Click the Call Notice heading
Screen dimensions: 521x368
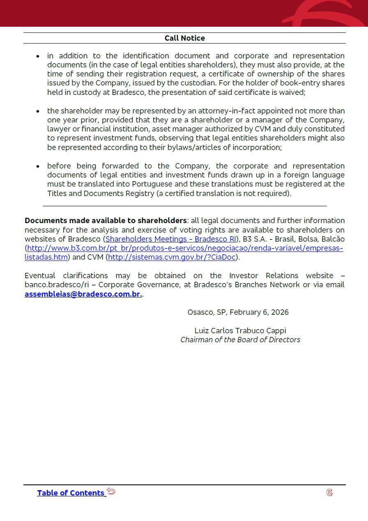pyautogui.click(x=184, y=38)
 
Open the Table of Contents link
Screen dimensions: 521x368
pyautogui.click(x=71, y=493)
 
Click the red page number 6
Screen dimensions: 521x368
pyautogui.click(x=329, y=493)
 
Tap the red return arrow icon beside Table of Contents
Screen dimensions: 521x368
pyautogui.click(x=111, y=491)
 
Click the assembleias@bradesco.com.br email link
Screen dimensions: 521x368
pyautogui.click(x=83, y=294)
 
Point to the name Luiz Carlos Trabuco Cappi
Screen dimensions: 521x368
pyautogui.click(x=240, y=331)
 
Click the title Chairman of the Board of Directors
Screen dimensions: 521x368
pyautogui.click(x=240, y=340)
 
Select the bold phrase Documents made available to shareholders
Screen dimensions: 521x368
pyautogui.click(x=106, y=221)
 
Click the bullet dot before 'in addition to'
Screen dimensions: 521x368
pyautogui.click(x=38, y=56)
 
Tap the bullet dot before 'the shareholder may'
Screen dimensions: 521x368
pyautogui.click(x=38, y=111)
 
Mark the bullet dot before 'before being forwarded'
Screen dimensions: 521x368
pyautogui.click(x=38, y=166)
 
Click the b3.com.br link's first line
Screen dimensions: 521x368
pyautogui.click(x=185, y=248)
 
